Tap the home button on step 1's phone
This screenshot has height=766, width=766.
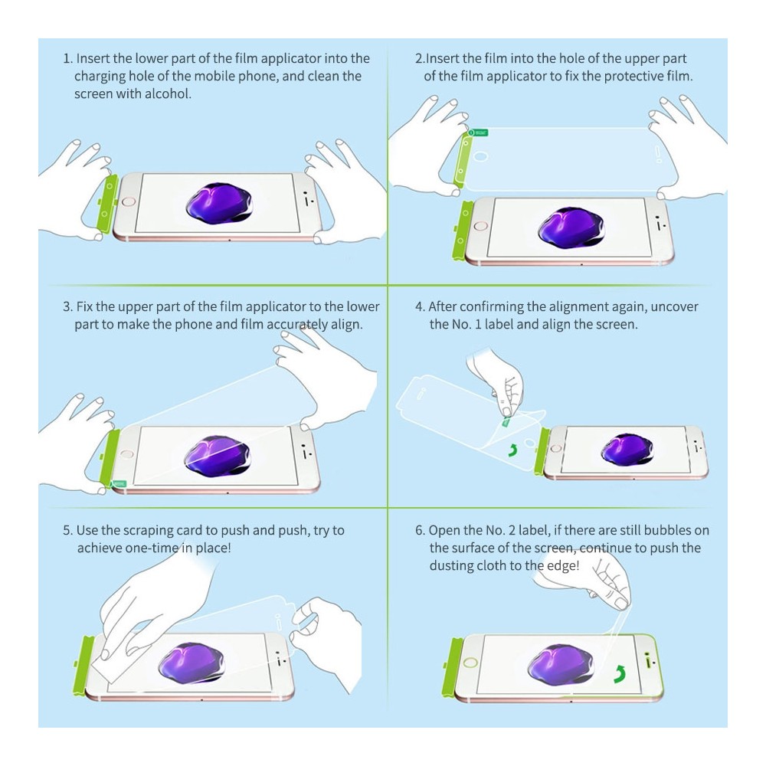(129, 201)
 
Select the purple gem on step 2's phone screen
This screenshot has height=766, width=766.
(571, 228)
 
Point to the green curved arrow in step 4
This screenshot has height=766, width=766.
(512, 450)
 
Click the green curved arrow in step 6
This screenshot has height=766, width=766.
(620, 673)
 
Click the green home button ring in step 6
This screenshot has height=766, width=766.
(470, 663)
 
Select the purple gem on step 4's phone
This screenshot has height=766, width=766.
(627, 449)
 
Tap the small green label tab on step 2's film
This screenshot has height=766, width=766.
(479, 133)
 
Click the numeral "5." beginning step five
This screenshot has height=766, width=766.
(67, 531)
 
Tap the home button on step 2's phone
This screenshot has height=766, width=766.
(481, 226)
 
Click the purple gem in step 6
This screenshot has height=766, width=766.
(561, 664)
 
